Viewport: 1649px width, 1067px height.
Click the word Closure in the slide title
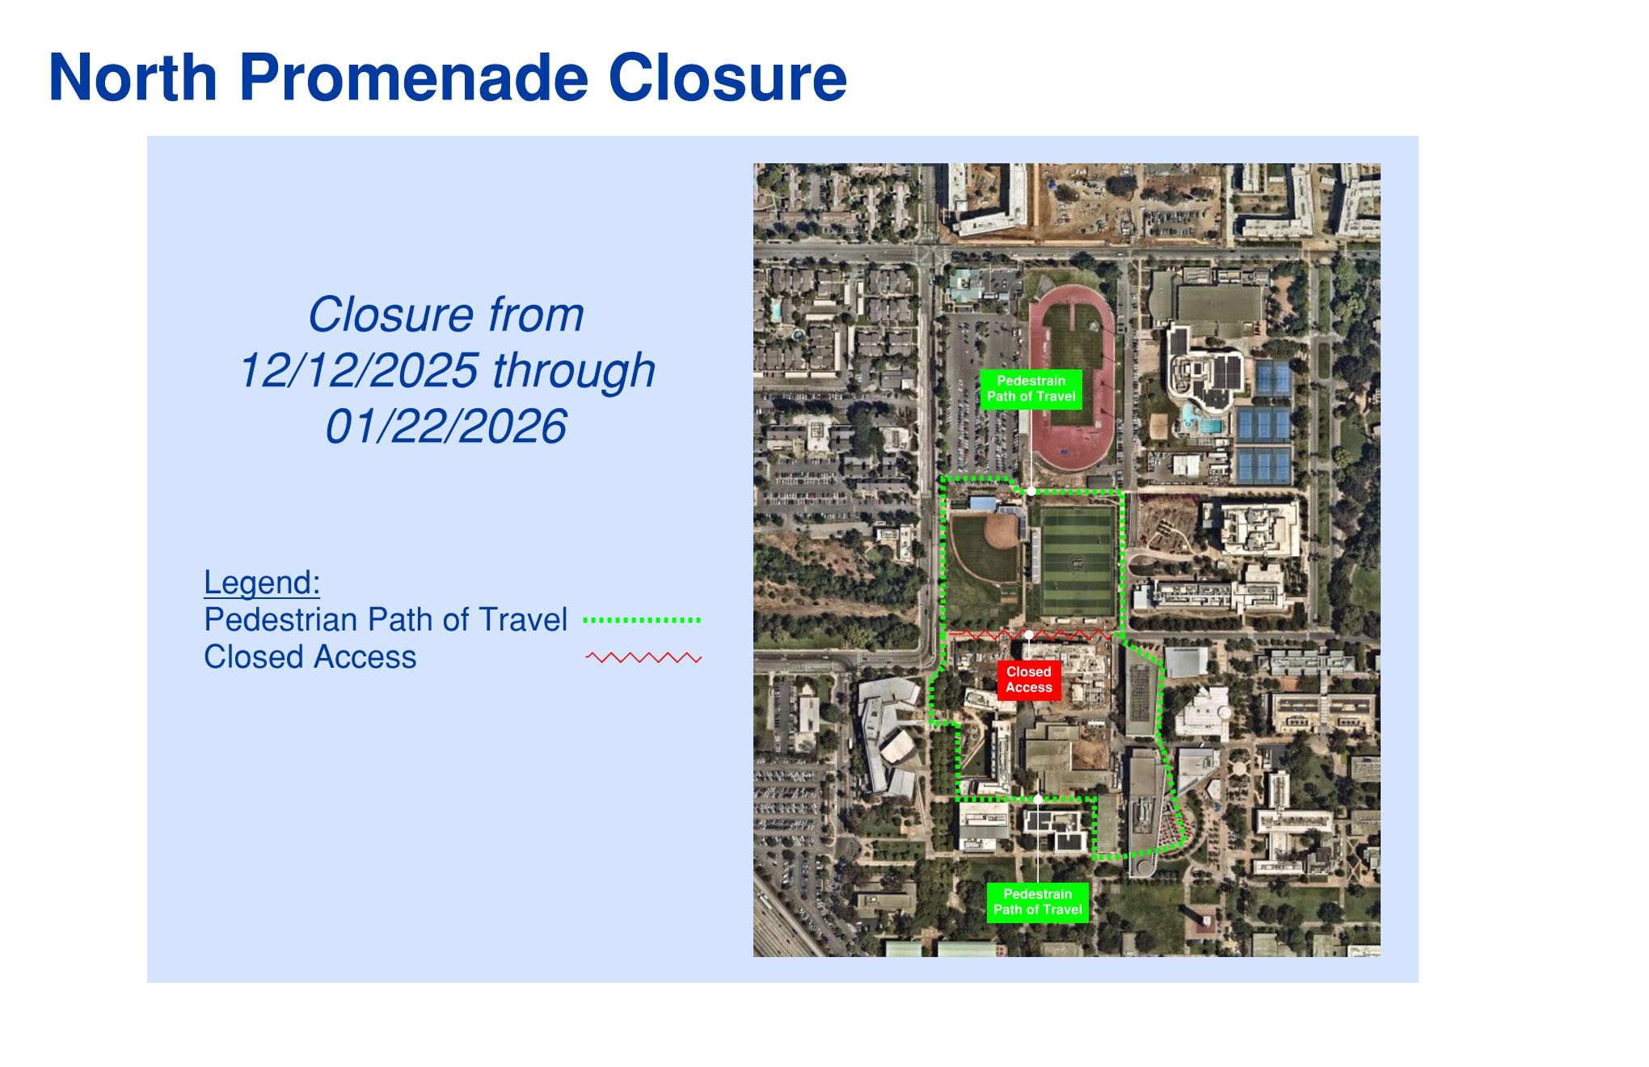[727, 78]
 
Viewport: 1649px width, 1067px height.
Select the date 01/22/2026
[446, 427]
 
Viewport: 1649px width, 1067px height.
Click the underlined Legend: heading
[262, 583]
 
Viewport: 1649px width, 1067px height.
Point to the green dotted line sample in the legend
[642, 620]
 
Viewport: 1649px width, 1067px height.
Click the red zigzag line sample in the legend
[643, 658]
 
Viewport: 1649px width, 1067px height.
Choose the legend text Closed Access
[310, 657]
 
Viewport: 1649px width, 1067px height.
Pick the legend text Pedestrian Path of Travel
[386, 620]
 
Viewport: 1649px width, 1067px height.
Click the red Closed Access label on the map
[1029, 680]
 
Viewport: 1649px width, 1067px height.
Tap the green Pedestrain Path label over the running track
[1031, 389]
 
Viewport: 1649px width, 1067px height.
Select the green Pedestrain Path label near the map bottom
[1038, 902]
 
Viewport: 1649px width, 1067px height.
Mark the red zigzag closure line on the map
[1030, 635]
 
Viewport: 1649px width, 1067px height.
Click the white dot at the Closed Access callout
[1029, 635]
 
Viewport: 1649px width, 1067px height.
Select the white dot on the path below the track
[1031, 491]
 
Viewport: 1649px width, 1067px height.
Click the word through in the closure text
[574, 371]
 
